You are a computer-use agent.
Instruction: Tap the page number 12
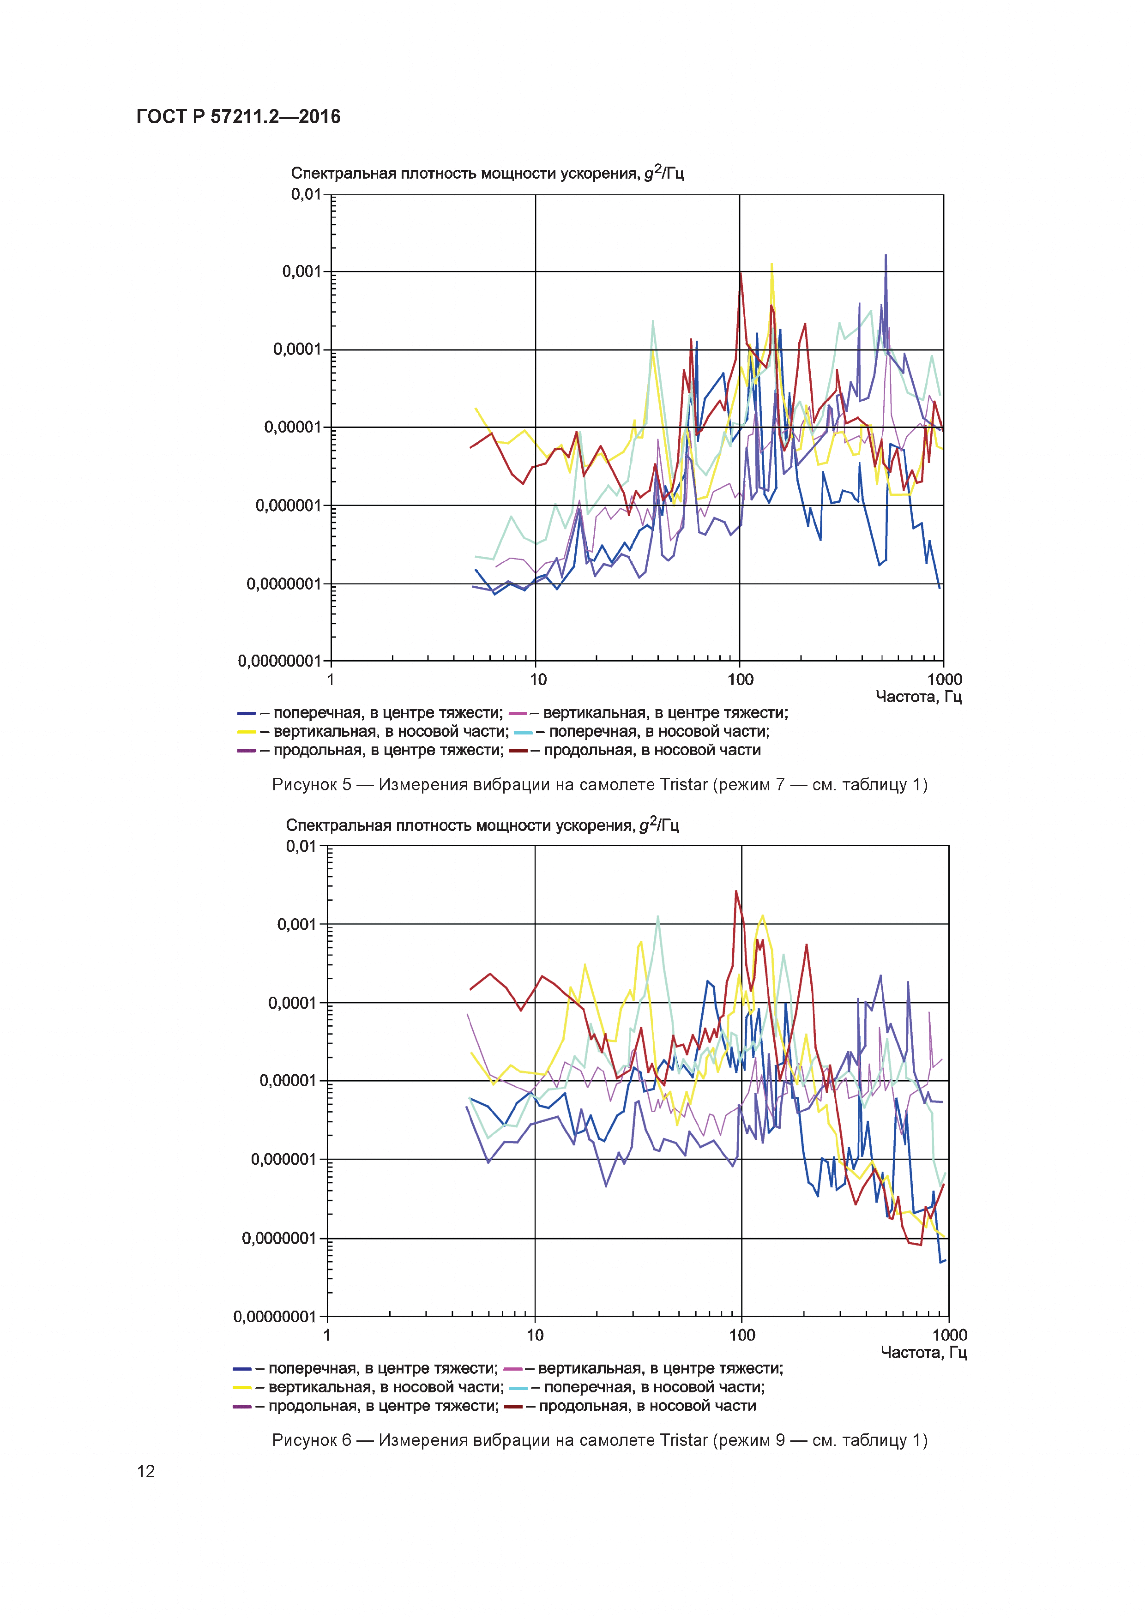(146, 1470)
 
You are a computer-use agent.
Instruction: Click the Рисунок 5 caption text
(599, 785)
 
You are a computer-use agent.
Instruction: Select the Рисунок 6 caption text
(599, 1440)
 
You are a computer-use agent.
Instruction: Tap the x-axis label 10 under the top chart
(538, 680)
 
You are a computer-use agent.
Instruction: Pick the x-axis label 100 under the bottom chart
(742, 1335)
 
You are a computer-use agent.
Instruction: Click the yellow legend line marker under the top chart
(247, 732)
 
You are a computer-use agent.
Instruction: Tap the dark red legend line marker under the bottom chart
(513, 1407)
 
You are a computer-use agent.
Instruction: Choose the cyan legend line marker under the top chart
(523, 732)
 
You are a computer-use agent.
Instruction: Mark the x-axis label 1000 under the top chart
(944, 680)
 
